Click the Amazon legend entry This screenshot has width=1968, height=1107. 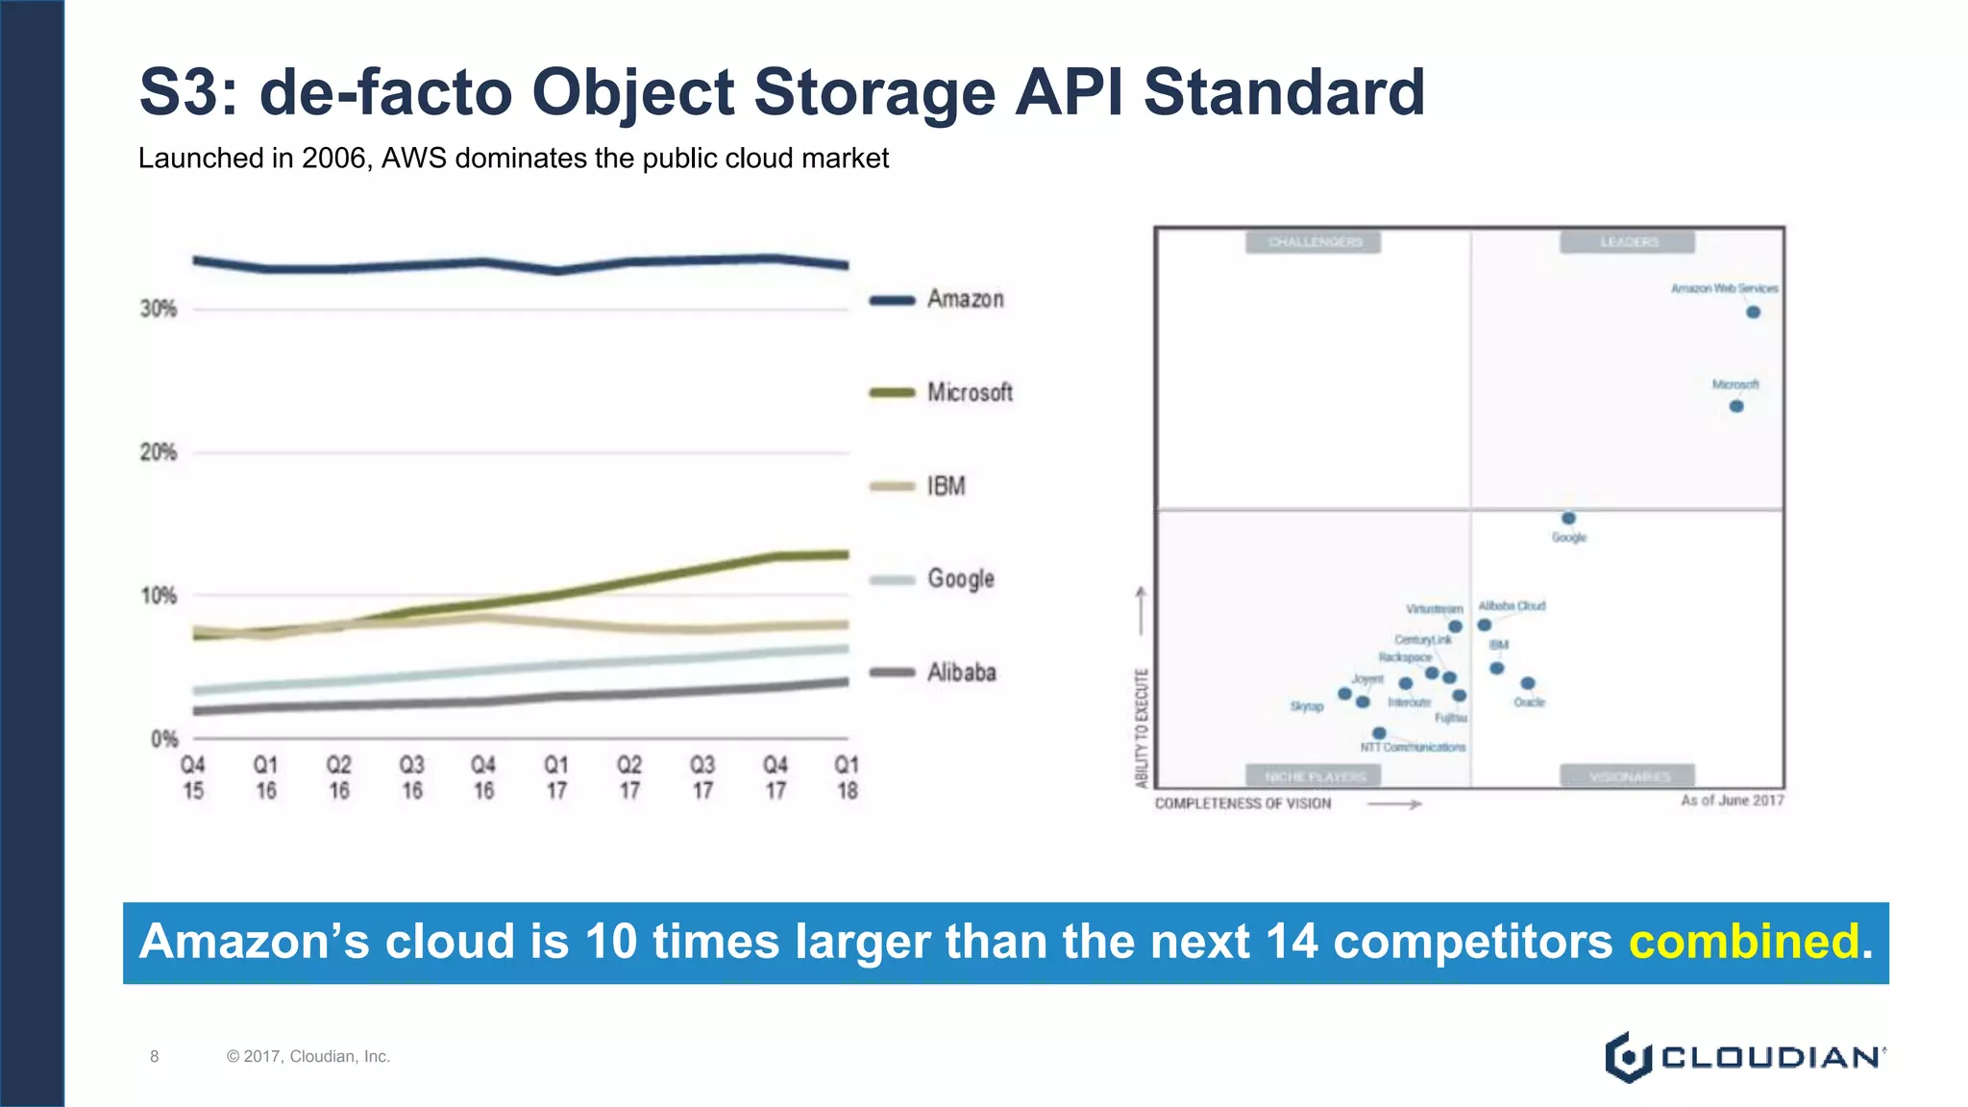(965, 300)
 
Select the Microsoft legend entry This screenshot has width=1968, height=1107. (969, 392)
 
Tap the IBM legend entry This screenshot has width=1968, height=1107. (946, 486)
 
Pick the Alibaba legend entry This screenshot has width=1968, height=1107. (961, 673)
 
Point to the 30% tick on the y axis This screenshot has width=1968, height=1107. (159, 309)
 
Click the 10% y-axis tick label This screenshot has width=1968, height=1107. (159, 596)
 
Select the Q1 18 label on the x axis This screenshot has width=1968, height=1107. (847, 777)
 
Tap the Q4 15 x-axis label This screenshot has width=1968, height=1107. (193, 777)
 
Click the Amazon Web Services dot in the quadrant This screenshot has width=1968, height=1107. (1753, 312)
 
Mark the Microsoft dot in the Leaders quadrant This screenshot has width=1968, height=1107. (1736, 406)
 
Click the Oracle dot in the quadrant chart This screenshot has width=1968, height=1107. (1528, 683)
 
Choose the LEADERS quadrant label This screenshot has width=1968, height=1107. (1628, 241)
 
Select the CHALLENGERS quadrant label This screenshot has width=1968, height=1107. (1314, 241)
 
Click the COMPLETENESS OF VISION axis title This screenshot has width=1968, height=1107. (1242, 803)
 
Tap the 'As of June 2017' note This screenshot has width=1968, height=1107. (1732, 800)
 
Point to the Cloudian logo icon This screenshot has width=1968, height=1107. (1627, 1057)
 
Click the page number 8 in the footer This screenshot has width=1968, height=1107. (154, 1056)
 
